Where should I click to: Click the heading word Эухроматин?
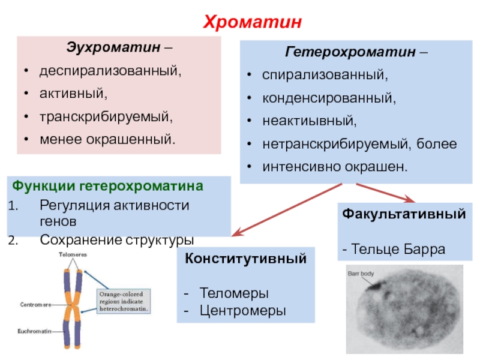112,47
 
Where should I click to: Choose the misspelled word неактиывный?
309,121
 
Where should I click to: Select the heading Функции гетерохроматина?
108,186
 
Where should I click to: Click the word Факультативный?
404,214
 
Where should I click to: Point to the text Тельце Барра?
398,248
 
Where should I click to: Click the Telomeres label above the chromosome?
73,254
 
